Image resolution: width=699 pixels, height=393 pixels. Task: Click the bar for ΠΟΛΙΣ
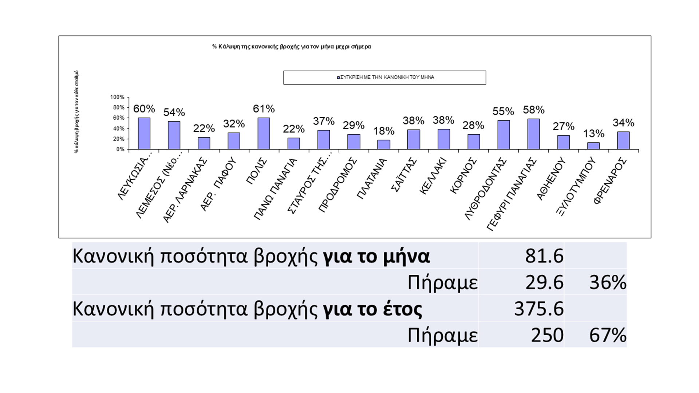click(264, 134)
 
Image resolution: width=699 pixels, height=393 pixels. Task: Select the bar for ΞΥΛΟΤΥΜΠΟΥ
click(593, 146)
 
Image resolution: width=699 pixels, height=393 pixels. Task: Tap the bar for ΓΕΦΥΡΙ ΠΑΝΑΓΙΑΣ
click(533, 134)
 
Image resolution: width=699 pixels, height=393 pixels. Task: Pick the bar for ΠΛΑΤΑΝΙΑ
click(384, 144)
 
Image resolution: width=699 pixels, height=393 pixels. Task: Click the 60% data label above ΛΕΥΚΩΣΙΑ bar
click(144, 109)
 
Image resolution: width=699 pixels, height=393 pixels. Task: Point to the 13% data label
click(594, 134)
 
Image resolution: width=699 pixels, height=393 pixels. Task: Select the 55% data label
click(503, 111)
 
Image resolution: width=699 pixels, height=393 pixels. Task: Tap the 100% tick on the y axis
click(117, 97)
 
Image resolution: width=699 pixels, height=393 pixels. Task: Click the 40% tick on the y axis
click(119, 128)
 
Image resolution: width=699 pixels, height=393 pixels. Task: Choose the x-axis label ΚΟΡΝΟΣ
click(463, 175)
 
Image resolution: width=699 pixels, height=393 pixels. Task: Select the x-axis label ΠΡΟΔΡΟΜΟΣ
click(337, 185)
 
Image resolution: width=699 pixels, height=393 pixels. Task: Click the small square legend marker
click(338, 78)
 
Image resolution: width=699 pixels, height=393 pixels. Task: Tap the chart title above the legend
click(292, 47)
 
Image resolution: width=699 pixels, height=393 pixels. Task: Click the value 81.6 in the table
click(544, 256)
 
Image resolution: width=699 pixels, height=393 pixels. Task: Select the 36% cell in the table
click(608, 282)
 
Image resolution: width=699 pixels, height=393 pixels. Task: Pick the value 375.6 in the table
click(538, 309)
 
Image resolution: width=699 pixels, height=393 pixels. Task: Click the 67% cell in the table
click(608, 335)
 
